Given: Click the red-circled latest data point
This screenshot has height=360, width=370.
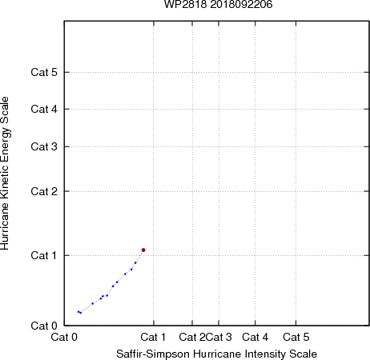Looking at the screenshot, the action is [143, 250].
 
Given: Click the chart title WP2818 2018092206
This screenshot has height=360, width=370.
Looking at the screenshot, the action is [218, 4].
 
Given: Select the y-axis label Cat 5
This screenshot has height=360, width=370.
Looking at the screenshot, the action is [44, 72].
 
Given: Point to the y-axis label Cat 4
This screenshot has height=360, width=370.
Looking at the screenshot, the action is [44, 109].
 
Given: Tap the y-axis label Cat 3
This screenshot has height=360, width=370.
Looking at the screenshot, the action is [44, 146].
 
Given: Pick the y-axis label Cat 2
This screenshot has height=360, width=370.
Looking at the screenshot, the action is [44, 191].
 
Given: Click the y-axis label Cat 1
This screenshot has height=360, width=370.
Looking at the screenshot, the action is [44, 255].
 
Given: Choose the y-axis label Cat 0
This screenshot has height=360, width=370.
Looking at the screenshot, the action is [44, 326].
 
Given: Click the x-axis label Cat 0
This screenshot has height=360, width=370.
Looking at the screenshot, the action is [64, 337].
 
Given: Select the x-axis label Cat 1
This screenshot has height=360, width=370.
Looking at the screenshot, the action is [153, 337].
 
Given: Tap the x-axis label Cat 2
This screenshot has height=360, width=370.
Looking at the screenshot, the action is [192, 337].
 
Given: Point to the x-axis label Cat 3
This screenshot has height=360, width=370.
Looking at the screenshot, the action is [219, 337].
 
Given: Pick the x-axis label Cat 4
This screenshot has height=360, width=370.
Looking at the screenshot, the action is [255, 337].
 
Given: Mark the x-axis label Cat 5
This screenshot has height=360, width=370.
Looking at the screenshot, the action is [296, 337].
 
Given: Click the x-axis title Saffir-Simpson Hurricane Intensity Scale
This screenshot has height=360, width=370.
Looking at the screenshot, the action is [217, 354].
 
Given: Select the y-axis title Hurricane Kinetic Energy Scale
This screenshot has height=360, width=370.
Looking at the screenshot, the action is [5, 173].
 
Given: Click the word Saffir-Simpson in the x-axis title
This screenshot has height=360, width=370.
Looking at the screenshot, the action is [153, 354].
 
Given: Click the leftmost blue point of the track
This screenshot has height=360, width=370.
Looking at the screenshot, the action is [78, 311].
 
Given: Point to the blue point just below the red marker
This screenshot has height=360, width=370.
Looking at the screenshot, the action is [135, 262].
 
